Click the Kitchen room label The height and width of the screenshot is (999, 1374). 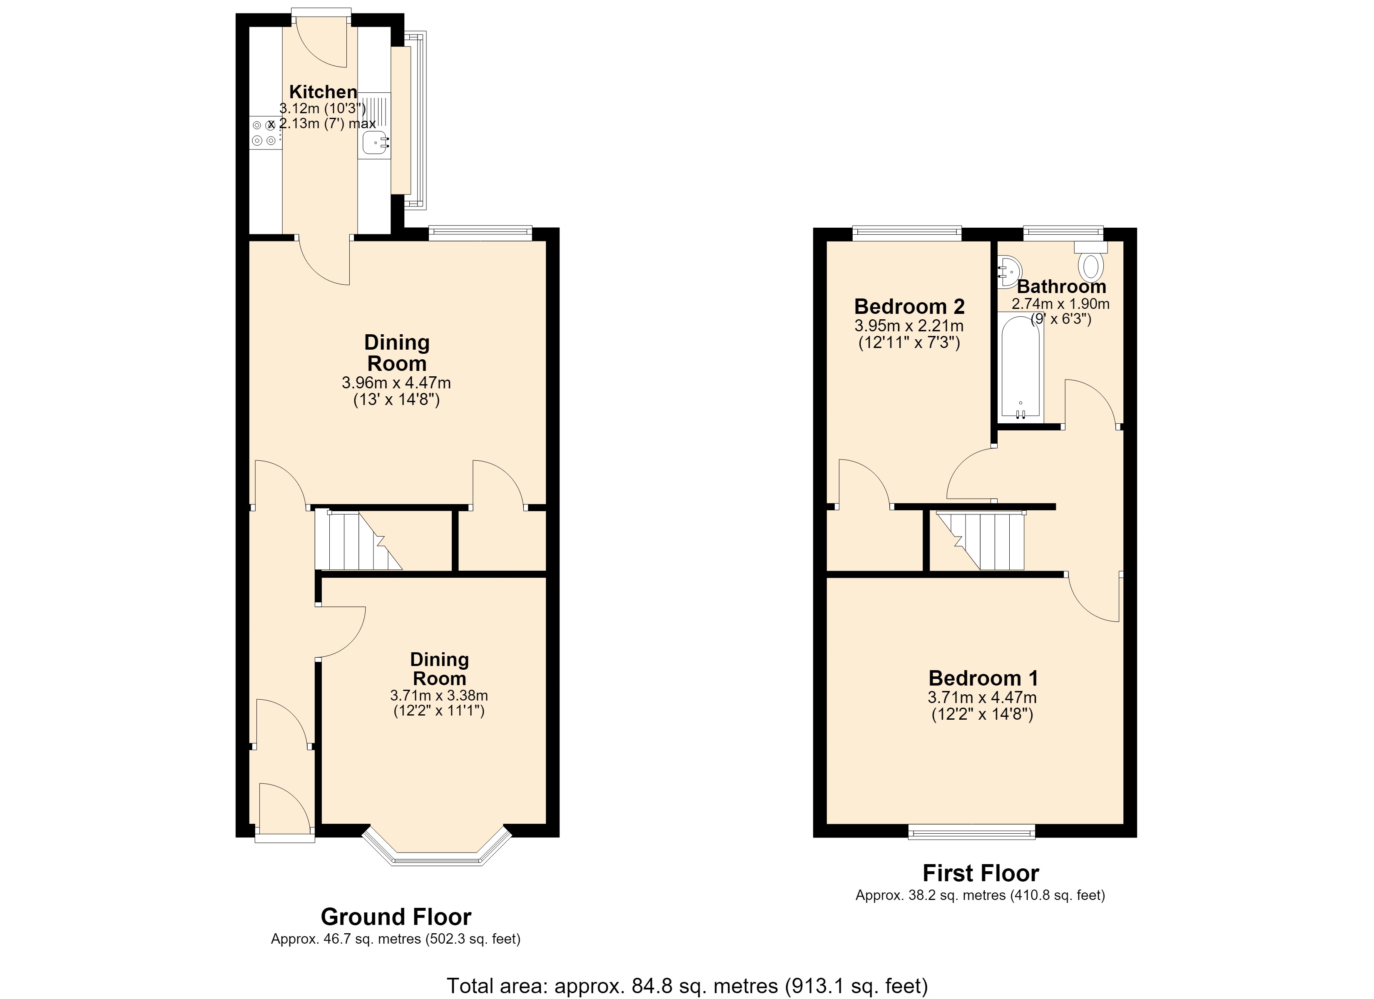[x=323, y=92]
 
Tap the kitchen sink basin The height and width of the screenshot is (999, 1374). [x=375, y=143]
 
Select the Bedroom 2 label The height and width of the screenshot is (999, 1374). [x=909, y=306]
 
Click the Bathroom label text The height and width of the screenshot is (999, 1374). [x=1061, y=286]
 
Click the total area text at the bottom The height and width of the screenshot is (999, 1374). [x=687, y=986]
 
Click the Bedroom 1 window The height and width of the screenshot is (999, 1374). [x=972, y=834]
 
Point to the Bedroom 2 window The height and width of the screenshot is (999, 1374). [x=907, y=232]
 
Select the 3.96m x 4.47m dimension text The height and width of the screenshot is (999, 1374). [x=396, y=383]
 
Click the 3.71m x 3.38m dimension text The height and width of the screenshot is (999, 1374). [x=439, y=696]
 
